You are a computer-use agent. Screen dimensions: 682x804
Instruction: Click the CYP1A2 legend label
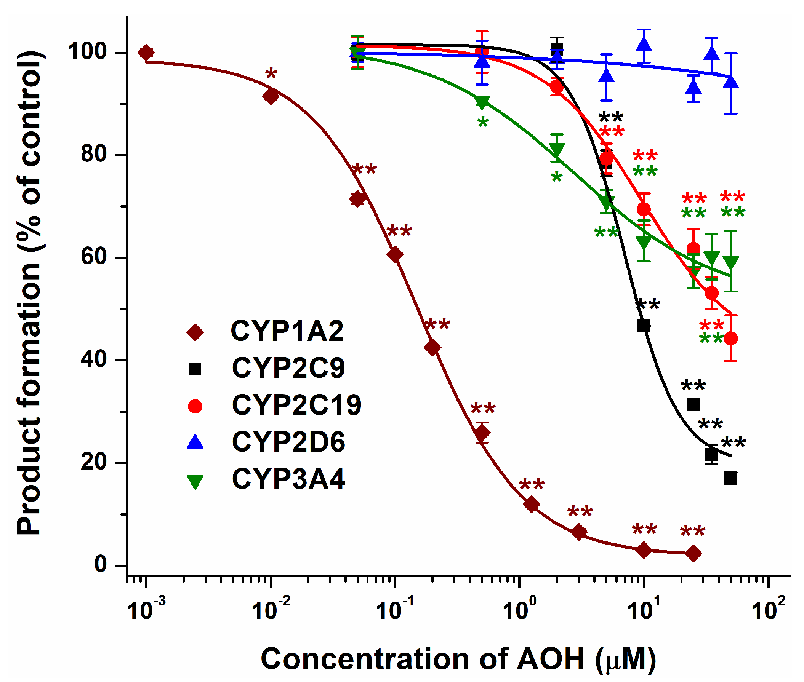(287, 331)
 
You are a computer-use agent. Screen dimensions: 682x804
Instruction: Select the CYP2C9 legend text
(288, 368)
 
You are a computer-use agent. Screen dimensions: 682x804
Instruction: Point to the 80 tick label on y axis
(94, 154)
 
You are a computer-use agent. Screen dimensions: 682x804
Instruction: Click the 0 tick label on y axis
(100, 564)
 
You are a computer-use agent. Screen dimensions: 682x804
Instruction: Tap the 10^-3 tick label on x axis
(146, 610)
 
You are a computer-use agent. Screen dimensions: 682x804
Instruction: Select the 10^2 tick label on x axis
(768, 610)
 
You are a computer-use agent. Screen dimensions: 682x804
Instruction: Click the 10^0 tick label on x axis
(519, 610)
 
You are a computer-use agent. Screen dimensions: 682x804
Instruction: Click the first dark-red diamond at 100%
(146, 52)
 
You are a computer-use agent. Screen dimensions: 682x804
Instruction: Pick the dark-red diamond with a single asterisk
(271, 96)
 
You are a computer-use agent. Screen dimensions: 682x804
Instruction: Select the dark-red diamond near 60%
(395, 254)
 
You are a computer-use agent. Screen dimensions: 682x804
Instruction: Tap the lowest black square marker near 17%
(730, 478)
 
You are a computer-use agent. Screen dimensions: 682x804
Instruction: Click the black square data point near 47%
(644, 325)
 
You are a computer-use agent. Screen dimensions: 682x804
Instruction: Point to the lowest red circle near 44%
(730, 338)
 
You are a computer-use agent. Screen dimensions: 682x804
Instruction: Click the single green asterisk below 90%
(482, 123)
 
